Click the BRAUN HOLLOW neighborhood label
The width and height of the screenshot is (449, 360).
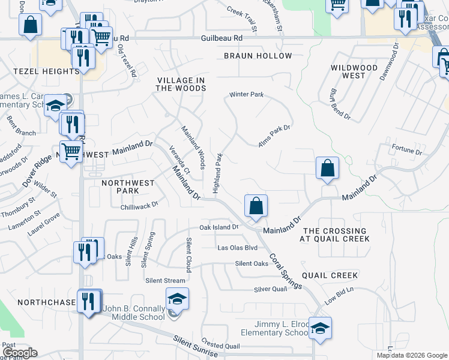(258, 56)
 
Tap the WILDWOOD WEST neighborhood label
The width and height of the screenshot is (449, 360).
(354, 71)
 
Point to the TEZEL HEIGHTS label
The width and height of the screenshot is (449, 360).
(38, 71)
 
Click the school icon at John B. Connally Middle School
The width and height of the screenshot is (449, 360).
(178, 299)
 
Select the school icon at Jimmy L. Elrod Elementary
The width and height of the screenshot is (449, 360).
(320, 328)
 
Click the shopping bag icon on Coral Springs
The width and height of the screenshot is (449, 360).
(256, 206)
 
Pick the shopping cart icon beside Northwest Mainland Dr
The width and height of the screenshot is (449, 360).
(71, 152)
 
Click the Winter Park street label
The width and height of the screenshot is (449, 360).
(246, 95)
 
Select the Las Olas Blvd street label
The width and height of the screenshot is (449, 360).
(237, 248)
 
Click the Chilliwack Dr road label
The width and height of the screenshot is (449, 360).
(139, 205)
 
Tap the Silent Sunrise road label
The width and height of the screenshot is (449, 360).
(195, 347)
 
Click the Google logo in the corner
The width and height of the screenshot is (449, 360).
(19, 353)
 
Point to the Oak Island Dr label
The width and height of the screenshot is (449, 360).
(219, 227)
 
